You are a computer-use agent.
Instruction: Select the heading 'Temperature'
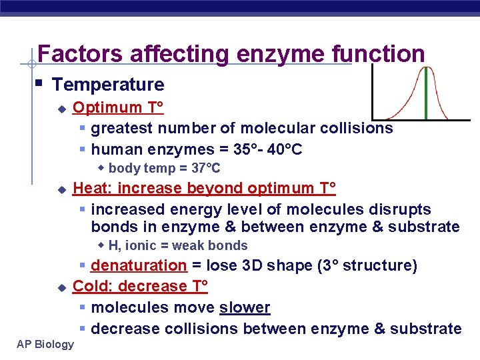click(x=108, y=85)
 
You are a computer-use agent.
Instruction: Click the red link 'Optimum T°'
click(x=118, y=107)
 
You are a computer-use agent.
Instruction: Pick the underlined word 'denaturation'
click(x=139, y=266)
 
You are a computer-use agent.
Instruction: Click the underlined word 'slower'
click(x=245, y=307)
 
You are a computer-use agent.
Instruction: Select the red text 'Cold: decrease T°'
click(x=140, y=287)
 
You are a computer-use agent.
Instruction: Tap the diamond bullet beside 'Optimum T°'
click(x=62, y=108)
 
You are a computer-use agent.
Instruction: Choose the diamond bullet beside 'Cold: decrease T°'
click(x=62, y=287)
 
